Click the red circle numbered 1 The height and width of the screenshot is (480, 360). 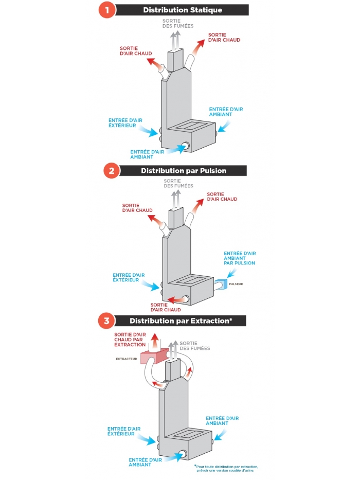[x=106, y=9]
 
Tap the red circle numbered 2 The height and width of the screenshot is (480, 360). [x=112, y=170]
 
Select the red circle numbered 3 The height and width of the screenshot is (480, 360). [x=106, y=321]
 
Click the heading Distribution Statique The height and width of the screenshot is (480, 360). [x=183, y=10]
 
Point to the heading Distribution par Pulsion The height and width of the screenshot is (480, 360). [x=184, y=170]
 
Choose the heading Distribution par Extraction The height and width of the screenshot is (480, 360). [x=181, y=321]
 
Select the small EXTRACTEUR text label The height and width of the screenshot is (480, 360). [x=127, y=359]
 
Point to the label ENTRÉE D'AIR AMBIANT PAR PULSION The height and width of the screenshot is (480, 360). [x=239, y=258]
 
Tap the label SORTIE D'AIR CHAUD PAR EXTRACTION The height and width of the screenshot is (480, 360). [x=130, y=340]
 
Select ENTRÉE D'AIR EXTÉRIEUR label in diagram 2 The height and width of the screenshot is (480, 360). [x=129, y=278]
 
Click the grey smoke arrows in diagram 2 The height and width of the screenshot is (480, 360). [x=176, y=198]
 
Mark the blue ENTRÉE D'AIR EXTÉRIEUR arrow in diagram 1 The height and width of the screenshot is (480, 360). [x=149, y=131]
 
